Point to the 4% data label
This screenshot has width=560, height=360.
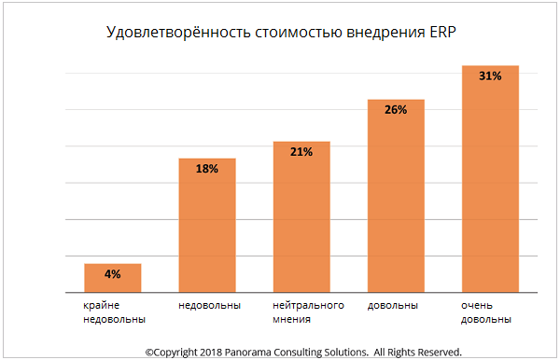[112, 274]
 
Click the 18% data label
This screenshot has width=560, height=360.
[206, 169]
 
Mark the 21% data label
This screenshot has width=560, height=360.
[301, 152]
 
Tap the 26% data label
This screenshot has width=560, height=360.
[395, 110]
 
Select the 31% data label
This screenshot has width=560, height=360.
[489, 76]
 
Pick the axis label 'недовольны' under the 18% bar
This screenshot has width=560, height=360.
[210, 305]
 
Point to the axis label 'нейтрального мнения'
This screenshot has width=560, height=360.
[309, 312]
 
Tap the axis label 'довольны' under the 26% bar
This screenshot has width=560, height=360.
[393, 305]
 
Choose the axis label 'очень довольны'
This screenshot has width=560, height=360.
[486, 312]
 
